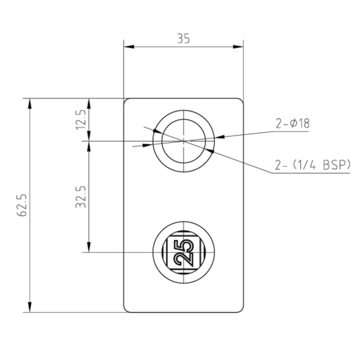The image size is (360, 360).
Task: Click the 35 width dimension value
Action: [184, 38]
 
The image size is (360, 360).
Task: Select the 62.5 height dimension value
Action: [22, 205]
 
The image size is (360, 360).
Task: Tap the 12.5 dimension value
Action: [81, 119]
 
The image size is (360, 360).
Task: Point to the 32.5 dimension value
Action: [81, 197]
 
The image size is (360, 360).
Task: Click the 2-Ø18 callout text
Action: [293, 123]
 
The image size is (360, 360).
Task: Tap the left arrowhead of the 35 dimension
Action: [129, 46]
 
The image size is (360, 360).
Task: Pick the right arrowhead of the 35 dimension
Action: [238, 46]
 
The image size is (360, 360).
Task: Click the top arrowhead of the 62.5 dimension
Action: [30, 104]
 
